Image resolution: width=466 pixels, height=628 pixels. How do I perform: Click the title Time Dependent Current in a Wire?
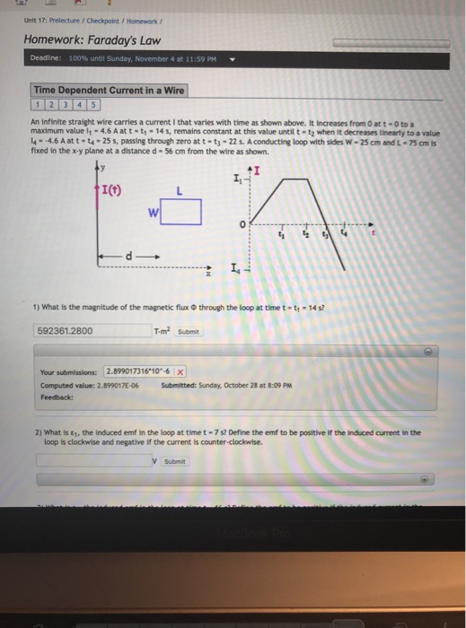coord(109,90)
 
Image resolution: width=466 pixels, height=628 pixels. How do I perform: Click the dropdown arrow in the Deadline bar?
coord(233,63)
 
